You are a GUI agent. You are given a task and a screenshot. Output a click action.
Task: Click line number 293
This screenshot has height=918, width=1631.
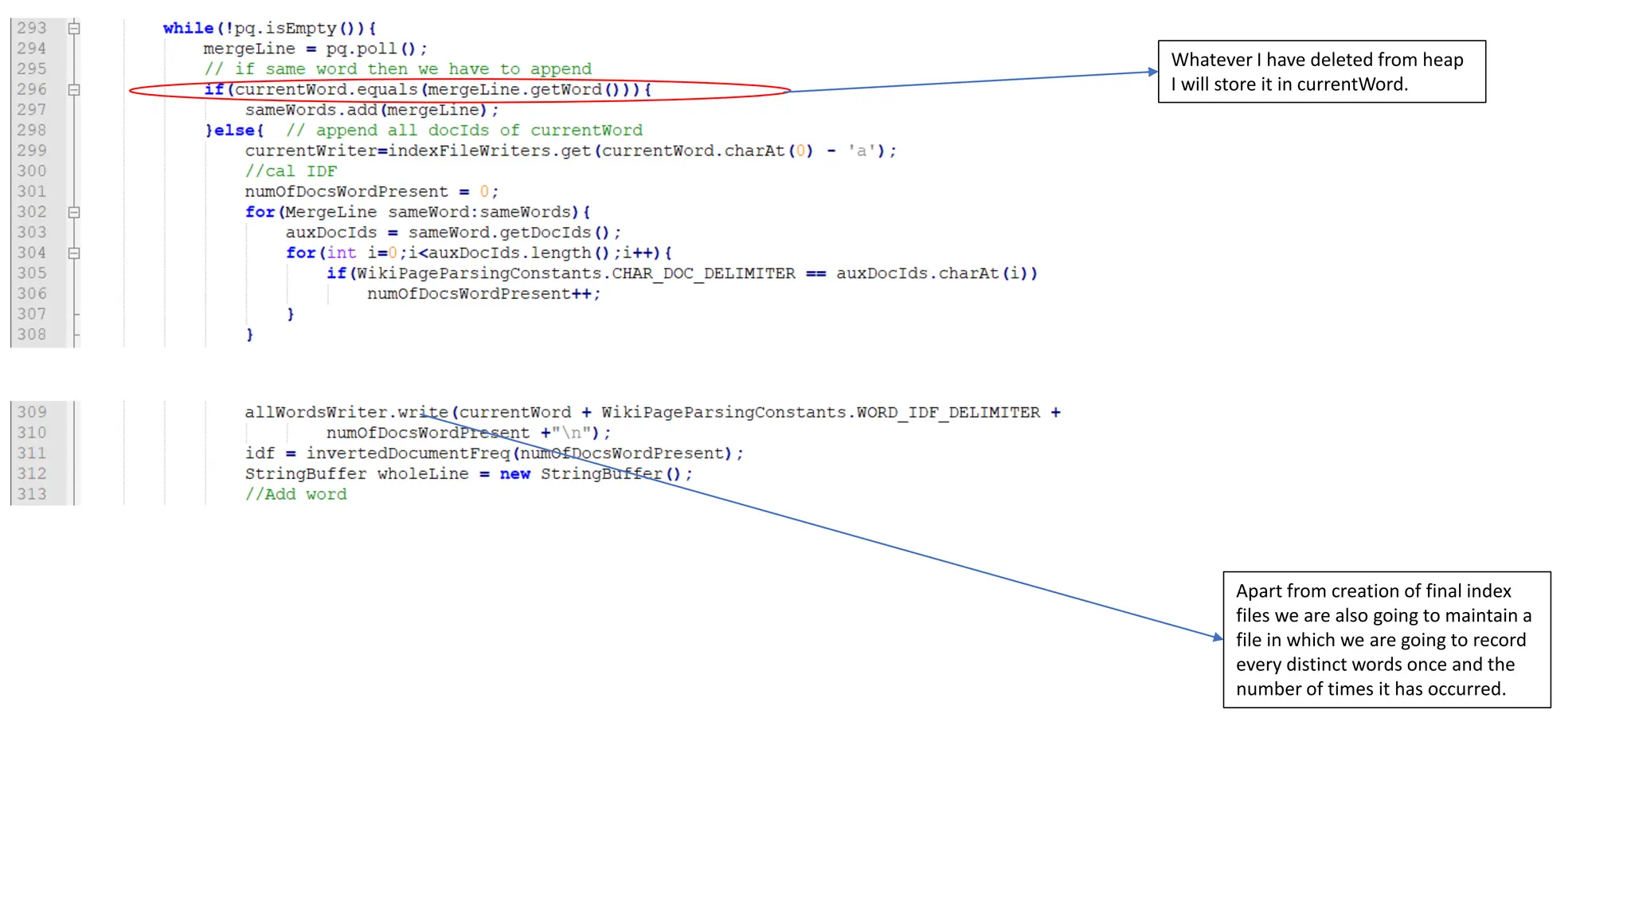coord(32,28)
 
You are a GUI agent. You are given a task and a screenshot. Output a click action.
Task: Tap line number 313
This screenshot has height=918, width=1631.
coord(32,494)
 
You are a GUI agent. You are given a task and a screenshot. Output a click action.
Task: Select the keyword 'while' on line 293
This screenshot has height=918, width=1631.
coord(189,28)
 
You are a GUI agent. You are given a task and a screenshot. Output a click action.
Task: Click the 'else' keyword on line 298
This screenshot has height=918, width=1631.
coord(235,130)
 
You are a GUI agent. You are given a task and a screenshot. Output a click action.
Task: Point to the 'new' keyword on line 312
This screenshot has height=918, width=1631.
coord(515,474)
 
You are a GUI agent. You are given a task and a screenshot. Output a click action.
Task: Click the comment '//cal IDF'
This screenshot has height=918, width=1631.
coord(291,171)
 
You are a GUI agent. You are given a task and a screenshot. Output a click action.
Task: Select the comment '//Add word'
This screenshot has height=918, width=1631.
coord(295,494)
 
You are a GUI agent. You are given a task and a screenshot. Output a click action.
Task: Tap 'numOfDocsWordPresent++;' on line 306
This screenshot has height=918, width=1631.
coord(483,294)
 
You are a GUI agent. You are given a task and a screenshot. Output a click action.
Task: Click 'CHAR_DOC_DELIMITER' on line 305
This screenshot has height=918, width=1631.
coord(703,273)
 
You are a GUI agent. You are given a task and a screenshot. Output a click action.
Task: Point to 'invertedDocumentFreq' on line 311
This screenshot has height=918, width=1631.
coord(408,453)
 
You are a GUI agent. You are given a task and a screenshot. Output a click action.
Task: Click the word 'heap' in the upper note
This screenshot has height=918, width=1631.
coord(1442,60)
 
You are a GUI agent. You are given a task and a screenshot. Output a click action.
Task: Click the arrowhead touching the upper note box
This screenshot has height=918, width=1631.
coord(1152,72)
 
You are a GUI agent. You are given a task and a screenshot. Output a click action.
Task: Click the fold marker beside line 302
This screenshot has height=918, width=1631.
coord(74,212)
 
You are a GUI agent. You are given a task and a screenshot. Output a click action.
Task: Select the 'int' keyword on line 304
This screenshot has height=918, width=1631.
coord(342,253)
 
